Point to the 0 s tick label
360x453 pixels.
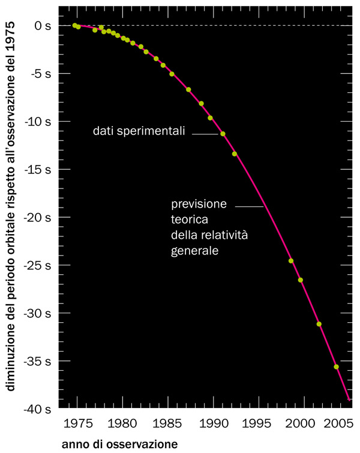(44, 26)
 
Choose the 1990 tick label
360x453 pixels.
(213, 422)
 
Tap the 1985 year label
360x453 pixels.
(168, 422)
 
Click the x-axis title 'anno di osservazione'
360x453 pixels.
(119, 445)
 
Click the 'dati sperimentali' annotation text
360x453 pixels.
(139, 131)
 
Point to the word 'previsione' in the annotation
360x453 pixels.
(199, 204)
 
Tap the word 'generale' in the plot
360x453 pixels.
(194, 251)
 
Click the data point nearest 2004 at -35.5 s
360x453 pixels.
(336, 367)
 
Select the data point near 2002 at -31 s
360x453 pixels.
(319, 324)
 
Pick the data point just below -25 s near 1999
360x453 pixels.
(291, 261)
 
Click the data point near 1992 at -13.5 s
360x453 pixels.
(235, 154)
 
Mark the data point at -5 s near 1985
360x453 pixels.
(172, 74)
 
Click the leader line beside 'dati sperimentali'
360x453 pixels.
(205, 134)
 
